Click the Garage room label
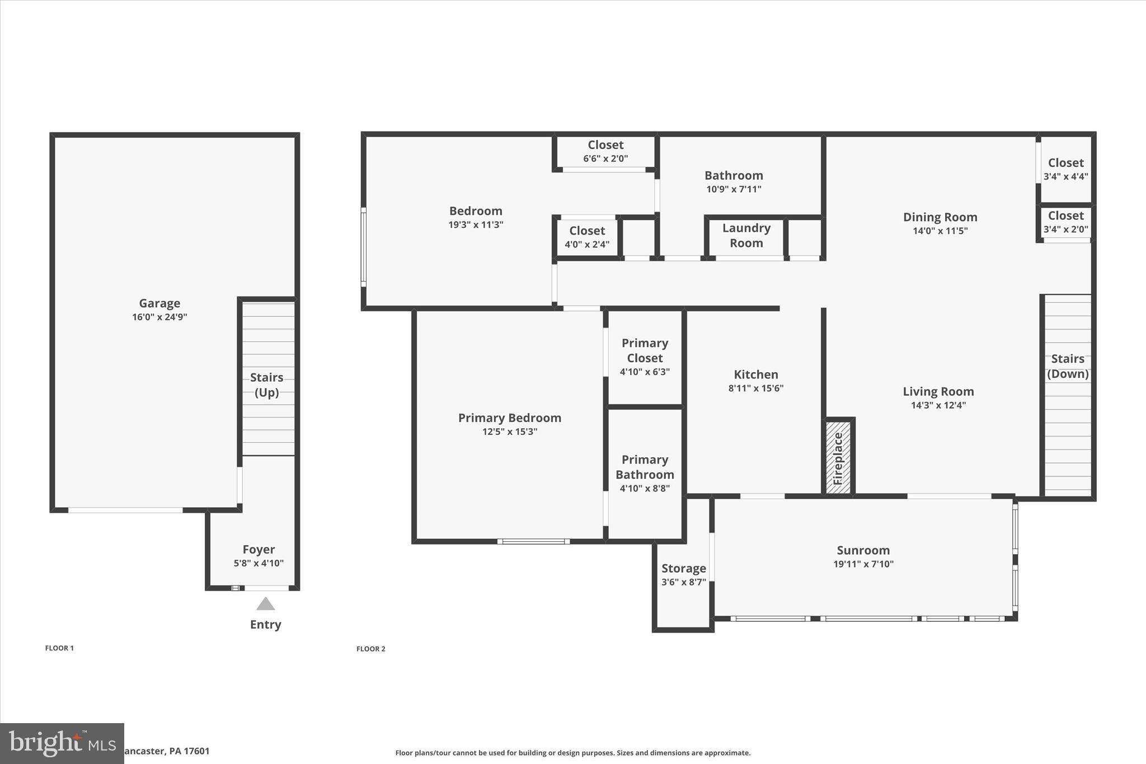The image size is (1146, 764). (159, 303)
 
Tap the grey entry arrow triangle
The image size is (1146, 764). (265, 604)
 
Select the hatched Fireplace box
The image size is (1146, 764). (838, 457)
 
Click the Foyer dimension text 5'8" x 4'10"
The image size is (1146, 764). (259, 563)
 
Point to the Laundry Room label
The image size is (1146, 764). (746, 236)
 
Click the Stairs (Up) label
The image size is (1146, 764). (266, 385)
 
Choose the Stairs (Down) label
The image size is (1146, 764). (1068, 366)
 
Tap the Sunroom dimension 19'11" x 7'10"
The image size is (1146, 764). (863, 564)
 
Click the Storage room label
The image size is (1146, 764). (683, 568)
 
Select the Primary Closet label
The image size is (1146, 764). (645, 350)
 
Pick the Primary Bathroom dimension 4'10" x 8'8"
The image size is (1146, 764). (645, 488)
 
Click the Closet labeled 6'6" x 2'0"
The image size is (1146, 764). (605, 145)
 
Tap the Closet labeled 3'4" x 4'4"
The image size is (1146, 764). (1065, 163)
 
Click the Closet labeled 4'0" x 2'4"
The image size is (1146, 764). (587, 231)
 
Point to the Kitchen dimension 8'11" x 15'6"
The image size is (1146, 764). (755, 388)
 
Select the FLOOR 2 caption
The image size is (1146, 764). (371, 649)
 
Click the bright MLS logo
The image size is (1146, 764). (62, 743)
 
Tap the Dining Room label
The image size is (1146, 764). (940, 217)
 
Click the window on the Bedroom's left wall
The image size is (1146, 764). (363, 247)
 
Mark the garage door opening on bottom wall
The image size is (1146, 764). (125, 510)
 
